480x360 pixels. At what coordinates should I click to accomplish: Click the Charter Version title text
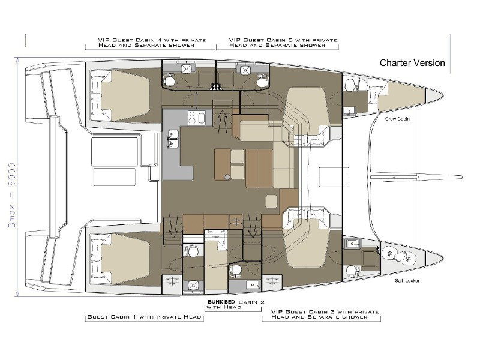click(412, 63)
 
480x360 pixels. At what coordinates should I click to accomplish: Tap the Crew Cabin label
click(397, 119)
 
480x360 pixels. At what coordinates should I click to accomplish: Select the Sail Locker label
click(407, 280)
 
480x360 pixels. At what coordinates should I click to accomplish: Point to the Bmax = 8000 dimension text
click(12, 195)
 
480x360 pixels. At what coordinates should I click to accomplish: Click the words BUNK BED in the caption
click(221, 302)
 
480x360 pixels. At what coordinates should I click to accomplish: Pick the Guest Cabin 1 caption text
click(144, 317)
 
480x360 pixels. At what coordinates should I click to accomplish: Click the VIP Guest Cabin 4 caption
click(152, 43)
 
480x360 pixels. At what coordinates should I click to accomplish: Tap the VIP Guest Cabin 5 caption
click(283, 43)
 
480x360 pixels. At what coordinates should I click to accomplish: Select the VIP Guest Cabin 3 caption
click(325, 314)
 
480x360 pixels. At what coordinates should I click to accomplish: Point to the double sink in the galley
click(173, 139)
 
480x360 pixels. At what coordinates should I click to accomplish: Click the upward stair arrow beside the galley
click(222, 122)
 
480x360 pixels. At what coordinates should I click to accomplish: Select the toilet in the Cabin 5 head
click(263, 82)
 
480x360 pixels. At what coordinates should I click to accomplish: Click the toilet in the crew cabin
click(349, 85)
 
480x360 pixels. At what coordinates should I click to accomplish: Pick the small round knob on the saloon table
click(227, 177)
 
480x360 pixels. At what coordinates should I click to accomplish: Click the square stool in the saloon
click(271, 202)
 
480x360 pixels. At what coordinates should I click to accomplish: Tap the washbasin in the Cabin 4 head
click(186, 69)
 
